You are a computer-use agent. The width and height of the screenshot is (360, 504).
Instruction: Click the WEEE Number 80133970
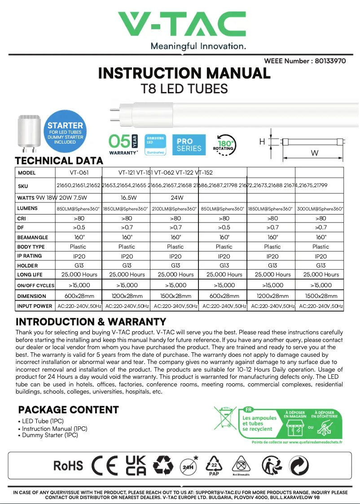[x=305, y=61]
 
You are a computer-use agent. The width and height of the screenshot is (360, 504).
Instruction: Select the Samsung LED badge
[x=155, y=145]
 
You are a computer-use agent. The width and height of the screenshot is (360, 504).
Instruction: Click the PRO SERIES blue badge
[x=189, y=145]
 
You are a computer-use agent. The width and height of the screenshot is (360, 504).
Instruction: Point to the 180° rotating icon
[x=223, y=145]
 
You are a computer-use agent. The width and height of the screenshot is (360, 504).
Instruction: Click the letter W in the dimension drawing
[x=315, y=153]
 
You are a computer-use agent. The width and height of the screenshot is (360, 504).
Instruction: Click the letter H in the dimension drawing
[x=262, y=142]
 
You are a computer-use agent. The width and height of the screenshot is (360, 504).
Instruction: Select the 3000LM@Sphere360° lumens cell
[x=320, y=209]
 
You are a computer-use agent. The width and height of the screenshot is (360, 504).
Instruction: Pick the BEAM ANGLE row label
[x=32, y=237]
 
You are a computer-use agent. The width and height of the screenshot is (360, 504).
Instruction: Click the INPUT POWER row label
[x=35, y=306]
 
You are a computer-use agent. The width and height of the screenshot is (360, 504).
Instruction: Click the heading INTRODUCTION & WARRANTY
[x=91, y=322]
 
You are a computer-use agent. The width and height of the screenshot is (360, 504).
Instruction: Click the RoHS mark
[x=68, y=465]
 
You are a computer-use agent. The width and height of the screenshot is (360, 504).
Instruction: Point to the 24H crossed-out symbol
[x=189, y=465]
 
